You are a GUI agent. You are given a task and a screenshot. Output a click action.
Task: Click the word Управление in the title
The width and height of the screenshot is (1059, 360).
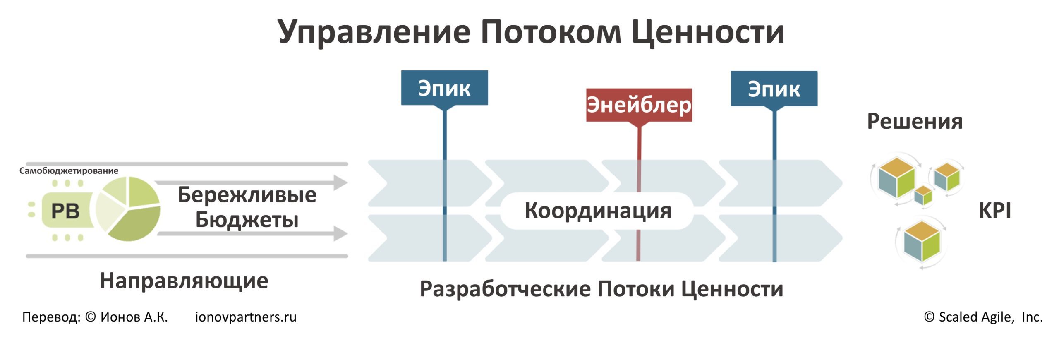point(374,32)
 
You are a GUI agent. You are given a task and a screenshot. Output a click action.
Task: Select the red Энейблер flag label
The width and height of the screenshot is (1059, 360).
point(639,105)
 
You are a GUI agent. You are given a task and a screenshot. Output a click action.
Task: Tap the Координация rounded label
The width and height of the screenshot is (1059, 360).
point(597,211)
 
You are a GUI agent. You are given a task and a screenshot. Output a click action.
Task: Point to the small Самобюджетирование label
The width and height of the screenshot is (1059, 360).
point(69,171)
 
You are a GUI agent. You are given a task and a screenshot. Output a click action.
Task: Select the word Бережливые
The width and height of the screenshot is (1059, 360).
point(247,194)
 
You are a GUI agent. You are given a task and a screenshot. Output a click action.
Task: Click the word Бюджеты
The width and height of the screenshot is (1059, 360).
point(247,219)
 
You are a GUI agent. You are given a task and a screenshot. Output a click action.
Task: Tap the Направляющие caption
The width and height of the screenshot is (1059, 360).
point(184,281)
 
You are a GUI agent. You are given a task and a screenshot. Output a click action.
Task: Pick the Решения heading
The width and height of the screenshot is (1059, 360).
point(915,122)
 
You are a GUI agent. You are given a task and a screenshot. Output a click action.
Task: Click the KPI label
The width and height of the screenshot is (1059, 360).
point(994,211)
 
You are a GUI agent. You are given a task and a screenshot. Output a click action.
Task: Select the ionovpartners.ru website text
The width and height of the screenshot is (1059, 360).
point(246,317)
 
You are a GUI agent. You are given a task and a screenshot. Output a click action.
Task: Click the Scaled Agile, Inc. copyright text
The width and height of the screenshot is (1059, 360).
point(984,317)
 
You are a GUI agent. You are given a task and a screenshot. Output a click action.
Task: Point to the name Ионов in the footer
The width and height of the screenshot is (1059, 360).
point(120,317)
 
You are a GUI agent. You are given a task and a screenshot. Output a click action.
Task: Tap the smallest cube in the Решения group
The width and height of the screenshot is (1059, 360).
point(923,195)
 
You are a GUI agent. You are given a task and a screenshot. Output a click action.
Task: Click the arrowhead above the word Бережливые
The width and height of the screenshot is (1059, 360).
point(340,182)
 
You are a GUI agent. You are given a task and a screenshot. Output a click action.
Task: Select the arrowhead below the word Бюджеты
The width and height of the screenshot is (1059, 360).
point(340,233)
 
